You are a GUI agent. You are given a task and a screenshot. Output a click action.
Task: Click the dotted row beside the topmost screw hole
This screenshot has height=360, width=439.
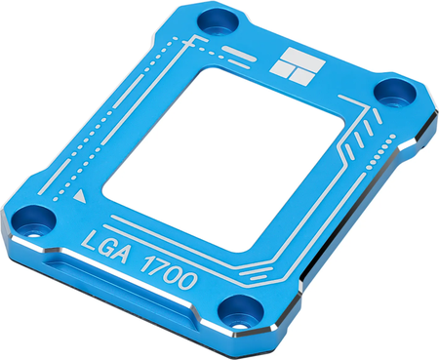[x=177, y=42]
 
